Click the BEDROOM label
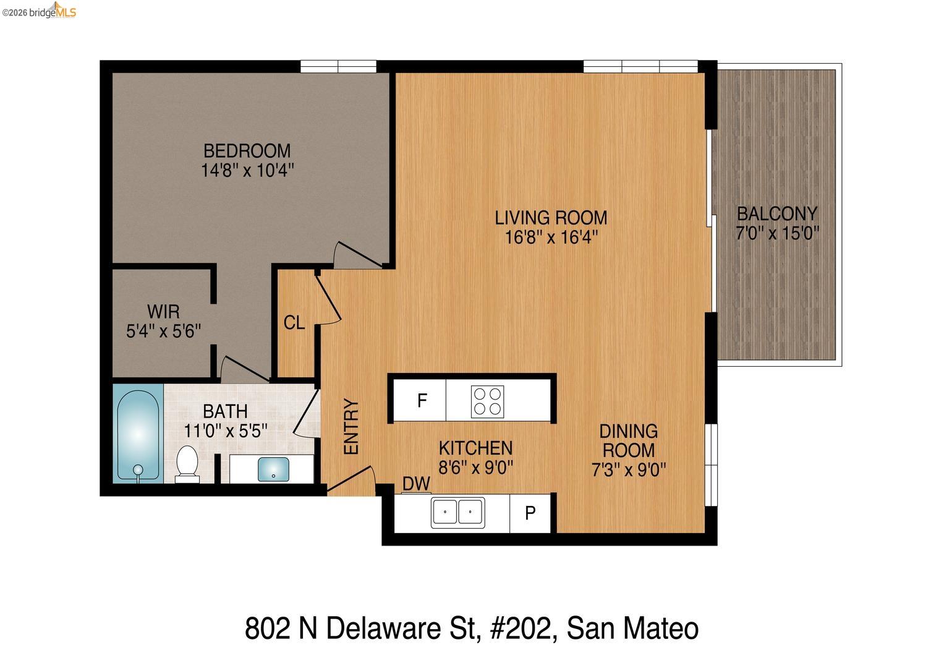247,150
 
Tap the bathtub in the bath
138,433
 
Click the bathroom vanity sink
273,468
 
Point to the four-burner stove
487,401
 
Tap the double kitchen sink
457,512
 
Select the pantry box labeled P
530,513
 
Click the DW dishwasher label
416,484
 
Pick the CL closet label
294,322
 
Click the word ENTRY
351,427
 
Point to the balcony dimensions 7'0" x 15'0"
777,234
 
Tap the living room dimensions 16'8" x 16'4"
551,238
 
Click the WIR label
163,311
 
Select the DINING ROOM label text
629,440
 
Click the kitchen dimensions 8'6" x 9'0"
475,467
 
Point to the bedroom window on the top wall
338,66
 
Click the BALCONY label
777,214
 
